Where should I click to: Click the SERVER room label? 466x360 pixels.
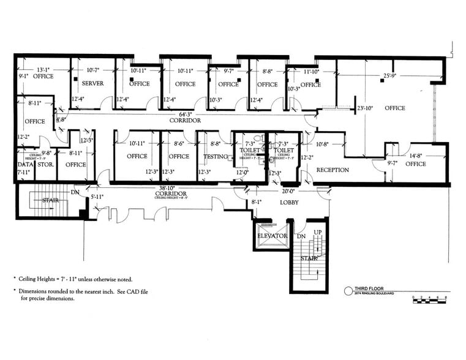point(93,84)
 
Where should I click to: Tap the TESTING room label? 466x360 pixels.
point(215,157)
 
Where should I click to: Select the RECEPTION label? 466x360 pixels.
point(333,170)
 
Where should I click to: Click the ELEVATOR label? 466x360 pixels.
point(272,236)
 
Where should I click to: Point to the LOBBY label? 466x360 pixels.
point(288,202)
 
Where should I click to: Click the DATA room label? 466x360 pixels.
point(24,165)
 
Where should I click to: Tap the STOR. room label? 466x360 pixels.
point(46,165)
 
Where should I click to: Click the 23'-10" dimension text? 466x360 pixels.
point(365,108)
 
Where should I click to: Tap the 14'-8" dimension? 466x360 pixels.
point(416,156)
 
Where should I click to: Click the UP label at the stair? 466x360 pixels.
point(317,233)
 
